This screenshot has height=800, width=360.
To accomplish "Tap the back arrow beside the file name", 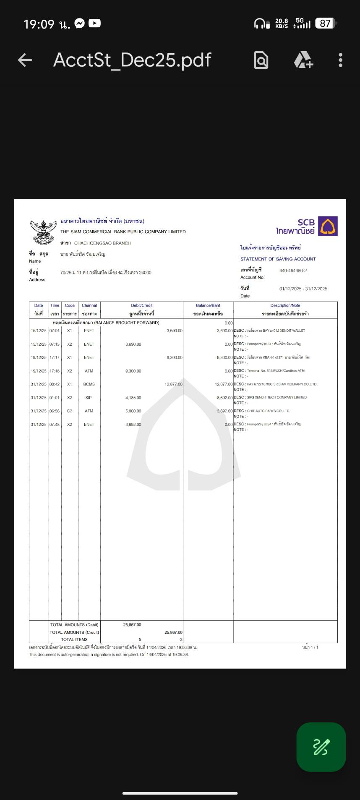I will tap(25, 60).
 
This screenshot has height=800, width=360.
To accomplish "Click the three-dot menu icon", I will tap(340, 60).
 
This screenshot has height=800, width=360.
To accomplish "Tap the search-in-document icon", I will tap(261, 60).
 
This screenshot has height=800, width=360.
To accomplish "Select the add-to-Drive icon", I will tap(303, 60).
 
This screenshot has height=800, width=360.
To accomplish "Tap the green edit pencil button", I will tap(321, 747).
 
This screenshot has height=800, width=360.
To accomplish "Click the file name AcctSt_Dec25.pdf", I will tap(132, 60).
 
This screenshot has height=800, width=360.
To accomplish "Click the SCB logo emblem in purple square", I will tap(328, 226).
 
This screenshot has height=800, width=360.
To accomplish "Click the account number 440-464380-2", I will tap(293, 271).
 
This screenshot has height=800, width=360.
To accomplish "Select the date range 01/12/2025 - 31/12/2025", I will tap(303, 289).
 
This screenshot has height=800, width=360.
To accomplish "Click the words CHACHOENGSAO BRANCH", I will tap(102, 243).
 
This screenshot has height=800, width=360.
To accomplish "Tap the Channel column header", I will tap(89, 305).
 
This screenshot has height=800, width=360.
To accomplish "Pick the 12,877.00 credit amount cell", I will tap(173, 384).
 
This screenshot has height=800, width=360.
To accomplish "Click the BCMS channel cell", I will tap(89, 384).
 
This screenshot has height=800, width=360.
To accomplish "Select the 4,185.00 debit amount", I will tap(133, 398).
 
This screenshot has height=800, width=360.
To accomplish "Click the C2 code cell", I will tap(70, 411).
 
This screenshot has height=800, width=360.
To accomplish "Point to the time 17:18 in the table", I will tap(55, 371).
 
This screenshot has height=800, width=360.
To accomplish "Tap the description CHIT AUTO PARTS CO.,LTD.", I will tap(269, 411).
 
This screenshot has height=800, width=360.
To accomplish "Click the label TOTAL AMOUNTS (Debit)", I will tap(74, 625).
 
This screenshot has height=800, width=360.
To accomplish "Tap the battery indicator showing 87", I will tap(326, 23).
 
